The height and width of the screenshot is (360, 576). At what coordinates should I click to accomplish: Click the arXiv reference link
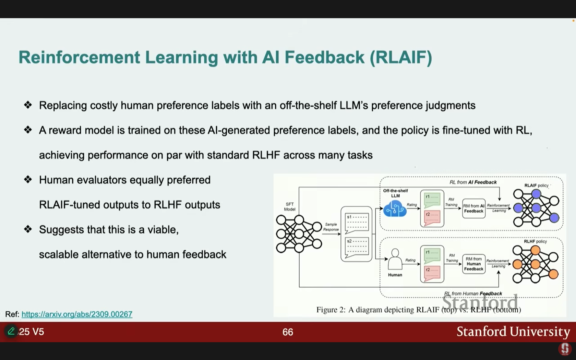click(x=77, y=314)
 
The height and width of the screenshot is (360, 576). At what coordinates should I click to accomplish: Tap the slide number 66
click(x=288, y=332)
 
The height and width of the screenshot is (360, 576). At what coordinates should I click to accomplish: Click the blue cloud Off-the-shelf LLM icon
click(x=395, y=209)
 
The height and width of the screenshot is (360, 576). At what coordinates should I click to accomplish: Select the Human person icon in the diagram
click(x=395, y=260)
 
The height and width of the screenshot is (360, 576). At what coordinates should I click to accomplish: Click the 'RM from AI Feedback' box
click(x=473, y=208)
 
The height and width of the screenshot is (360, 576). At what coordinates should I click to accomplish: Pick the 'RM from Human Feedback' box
click(x=473, y=264)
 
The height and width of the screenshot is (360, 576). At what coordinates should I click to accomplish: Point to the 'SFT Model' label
click(x=290, y=206)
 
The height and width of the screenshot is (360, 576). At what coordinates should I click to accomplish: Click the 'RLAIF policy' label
click(x=536, y=185)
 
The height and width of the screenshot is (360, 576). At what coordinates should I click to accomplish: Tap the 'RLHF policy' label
click(x=535, y=241)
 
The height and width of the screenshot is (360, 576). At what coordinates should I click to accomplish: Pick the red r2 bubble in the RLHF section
click(x=432, y=273)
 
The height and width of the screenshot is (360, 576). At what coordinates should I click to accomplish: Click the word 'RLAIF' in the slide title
click(x=401, y=57)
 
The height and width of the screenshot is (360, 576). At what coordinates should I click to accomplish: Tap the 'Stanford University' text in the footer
click(x=513, y=332)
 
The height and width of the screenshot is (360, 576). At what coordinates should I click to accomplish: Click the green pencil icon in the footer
click(x=11, y=331)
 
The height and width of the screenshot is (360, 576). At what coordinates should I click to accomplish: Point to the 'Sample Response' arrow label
click(x=331, y=227)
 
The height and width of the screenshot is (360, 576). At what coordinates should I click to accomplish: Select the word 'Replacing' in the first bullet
click(x=63, y=105)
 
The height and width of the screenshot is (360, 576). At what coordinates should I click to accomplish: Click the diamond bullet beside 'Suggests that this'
click(x=28, y=229)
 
